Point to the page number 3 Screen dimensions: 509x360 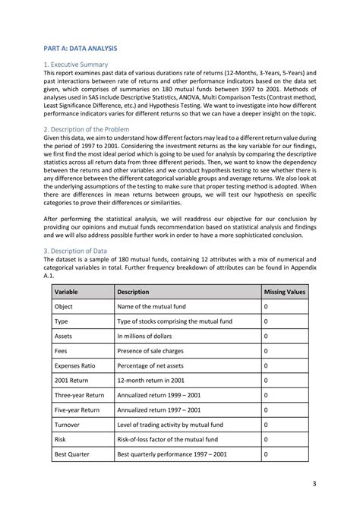pyautogui.click(x=314, y=483)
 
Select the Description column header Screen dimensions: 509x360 pyautogui.click(x=133, y=292)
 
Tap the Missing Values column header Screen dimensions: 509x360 pyautogui.click(x=283, y=292)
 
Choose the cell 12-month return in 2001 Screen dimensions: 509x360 pyautogui.click(x=156, y=381)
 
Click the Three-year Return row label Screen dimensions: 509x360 pyautogui.click(x=79, y=395)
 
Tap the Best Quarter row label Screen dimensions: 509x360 pyautogui.click(x=73, y=454)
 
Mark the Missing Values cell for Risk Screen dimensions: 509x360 pyautogui.click(x=266, y=439)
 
